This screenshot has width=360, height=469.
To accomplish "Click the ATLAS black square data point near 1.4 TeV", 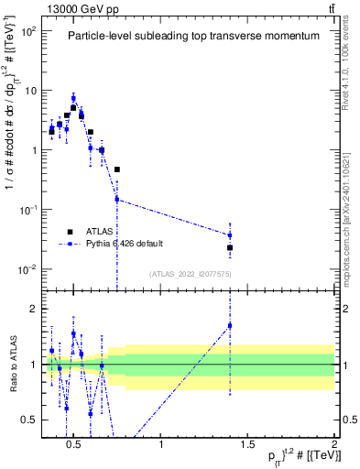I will (x=230, y=247).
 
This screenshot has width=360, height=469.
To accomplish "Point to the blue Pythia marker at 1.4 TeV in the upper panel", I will (x=230, y=235).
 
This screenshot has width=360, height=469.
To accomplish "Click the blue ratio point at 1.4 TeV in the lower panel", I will (x=230, y=325).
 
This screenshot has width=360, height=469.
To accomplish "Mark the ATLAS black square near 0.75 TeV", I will (x=117, y=169).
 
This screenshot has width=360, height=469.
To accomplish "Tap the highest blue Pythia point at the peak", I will (x=73, y=98).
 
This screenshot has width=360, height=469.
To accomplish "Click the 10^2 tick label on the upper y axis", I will (x=27, y=31).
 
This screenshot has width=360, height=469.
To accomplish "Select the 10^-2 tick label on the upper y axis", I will (x=27, y=268).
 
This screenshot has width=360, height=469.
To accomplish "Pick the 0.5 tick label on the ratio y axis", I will (x=26, y=420).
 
